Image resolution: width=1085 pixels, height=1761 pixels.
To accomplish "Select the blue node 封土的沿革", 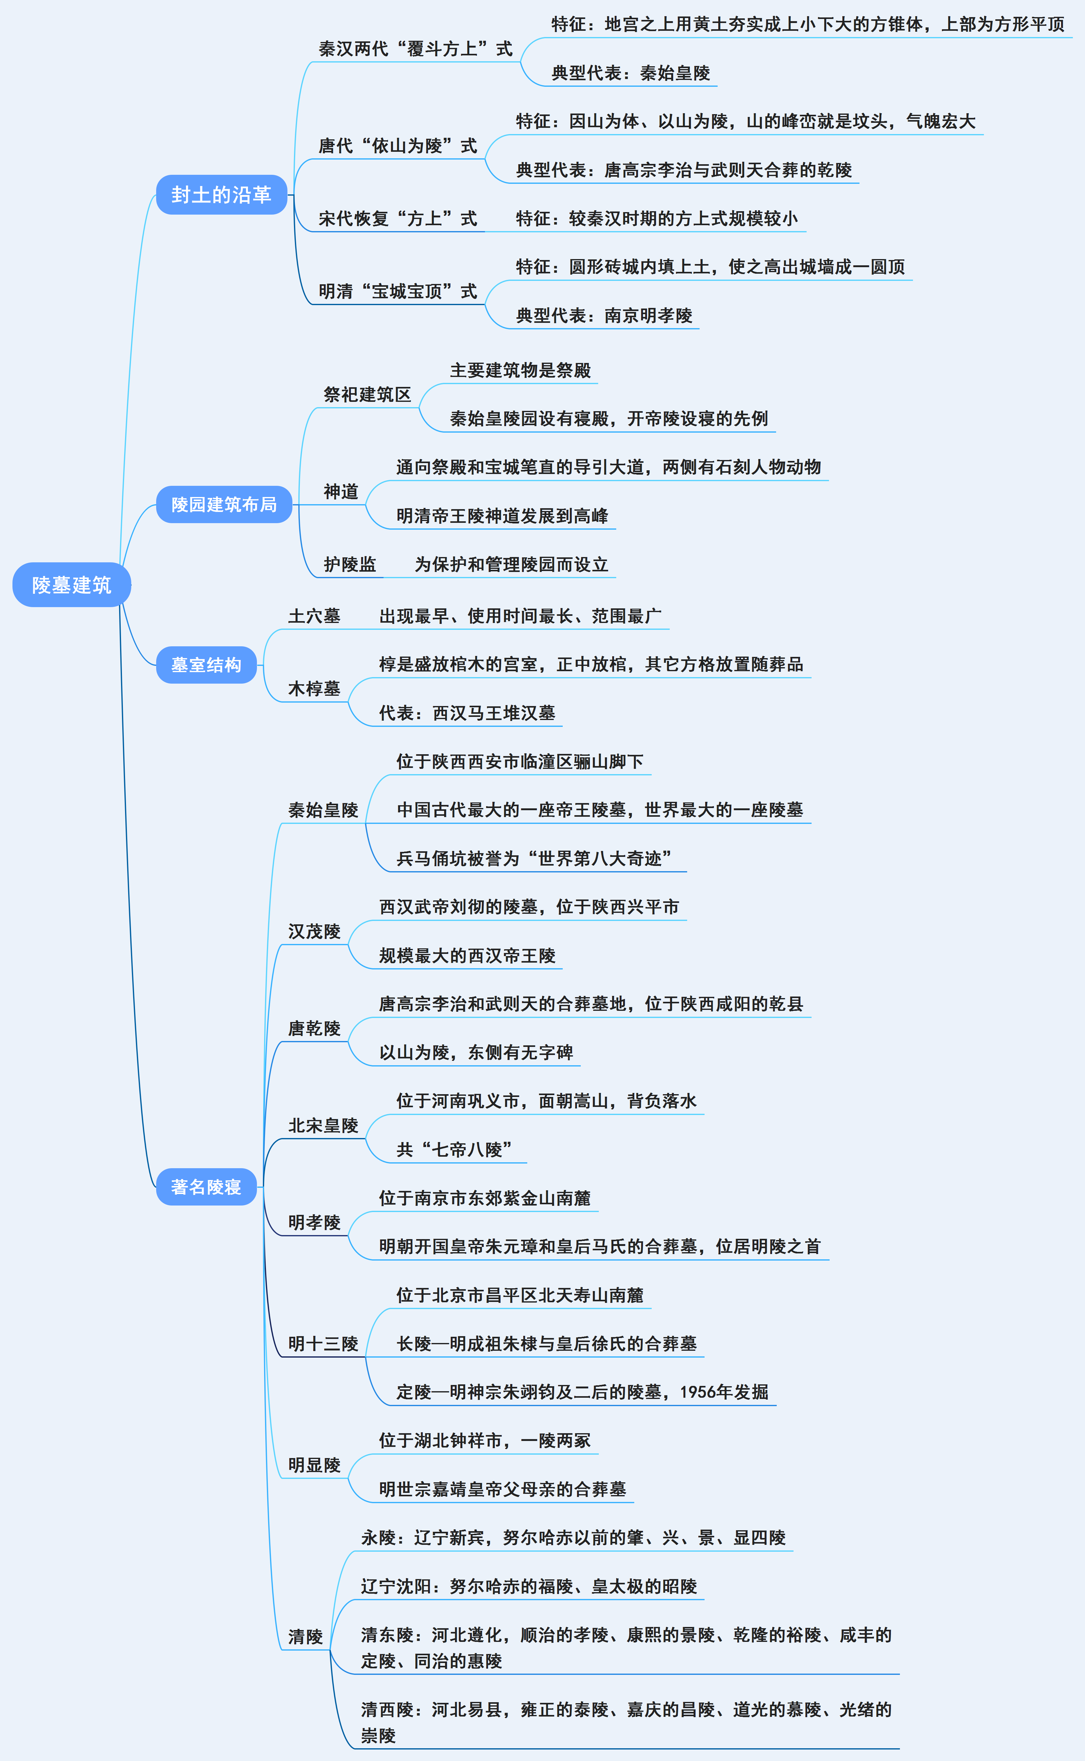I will point(221,194).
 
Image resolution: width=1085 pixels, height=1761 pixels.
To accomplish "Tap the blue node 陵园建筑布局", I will point(224,504).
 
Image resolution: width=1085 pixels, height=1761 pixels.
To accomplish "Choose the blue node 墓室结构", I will point(206,665).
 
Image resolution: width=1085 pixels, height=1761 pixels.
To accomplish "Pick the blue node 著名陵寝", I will point(206,1187).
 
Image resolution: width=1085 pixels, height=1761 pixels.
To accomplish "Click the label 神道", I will point(341,491).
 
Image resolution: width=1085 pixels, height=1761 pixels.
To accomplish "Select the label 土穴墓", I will point(314,616).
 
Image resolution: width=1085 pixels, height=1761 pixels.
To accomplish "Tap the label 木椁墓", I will point(314,689).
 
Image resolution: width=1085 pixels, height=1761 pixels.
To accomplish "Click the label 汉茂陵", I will point(314,931).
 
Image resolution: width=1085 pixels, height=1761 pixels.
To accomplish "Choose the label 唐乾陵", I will point(314,1029).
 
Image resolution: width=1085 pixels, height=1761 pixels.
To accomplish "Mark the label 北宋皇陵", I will point(323,1126).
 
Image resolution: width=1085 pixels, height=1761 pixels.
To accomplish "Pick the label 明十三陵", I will point(323,1344).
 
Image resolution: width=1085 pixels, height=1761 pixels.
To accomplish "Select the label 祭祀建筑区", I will point(367,394).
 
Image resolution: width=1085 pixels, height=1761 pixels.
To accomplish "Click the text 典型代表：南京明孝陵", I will point(604,316).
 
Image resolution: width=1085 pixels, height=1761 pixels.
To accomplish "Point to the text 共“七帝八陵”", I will point(454,1150).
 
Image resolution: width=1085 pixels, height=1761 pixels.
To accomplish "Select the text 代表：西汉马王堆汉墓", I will point(467,713).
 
